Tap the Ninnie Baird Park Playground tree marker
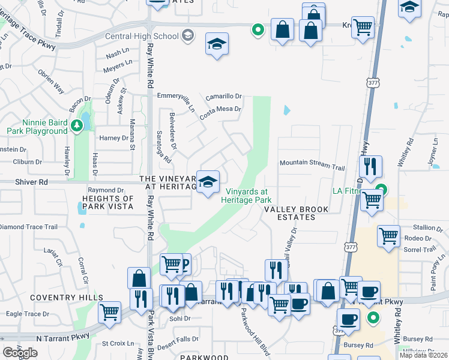tap(76, 125)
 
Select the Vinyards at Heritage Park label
tap(246, 196)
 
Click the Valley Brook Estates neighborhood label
tap(297, 213)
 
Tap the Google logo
tap(20, 353)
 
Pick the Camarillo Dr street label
tap(223, 96)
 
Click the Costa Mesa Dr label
tap(220, 109)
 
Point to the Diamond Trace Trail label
tap(29, 227)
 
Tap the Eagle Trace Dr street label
tap(27, 314)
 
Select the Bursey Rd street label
tap(358, 345)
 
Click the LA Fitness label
tap(350, 191)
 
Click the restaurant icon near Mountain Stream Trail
tap(370, 166)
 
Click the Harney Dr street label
tap(114, 138)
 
